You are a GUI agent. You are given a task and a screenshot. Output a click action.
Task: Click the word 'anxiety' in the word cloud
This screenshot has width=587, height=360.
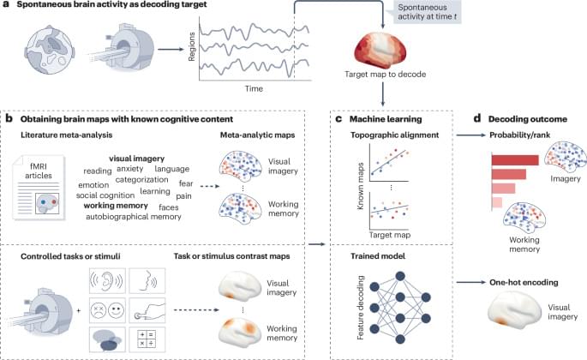130,169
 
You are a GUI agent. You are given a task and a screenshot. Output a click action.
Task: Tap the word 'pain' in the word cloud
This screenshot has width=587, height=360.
183,196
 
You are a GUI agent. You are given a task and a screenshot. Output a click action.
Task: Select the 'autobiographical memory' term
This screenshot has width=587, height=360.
134,217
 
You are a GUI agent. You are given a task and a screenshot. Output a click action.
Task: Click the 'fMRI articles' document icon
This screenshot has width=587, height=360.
39,188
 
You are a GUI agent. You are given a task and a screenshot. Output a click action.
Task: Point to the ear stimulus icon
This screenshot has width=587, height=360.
107,281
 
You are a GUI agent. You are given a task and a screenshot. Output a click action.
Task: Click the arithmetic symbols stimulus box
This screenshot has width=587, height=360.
147,339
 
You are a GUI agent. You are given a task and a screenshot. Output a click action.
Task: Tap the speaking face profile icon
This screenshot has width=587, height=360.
147,281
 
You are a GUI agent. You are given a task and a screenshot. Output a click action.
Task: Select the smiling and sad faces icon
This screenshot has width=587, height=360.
107,310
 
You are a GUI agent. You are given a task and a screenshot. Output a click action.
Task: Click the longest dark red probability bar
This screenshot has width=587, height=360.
515,160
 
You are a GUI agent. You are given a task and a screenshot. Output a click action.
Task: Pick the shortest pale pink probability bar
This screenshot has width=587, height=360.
497,202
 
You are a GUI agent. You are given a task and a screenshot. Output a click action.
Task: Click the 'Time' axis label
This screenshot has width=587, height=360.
254,88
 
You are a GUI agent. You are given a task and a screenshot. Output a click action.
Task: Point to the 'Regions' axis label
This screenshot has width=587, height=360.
192,46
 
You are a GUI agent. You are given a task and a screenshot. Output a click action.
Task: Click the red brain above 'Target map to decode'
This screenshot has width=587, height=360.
380,50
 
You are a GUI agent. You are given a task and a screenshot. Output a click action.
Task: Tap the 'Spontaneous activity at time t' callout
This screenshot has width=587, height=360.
427,12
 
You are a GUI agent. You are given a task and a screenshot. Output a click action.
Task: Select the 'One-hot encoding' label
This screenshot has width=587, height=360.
524,283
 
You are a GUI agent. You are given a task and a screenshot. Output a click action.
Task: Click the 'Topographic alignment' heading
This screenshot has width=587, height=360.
394,135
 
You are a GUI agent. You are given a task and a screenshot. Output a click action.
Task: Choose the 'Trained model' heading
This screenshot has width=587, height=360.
378,256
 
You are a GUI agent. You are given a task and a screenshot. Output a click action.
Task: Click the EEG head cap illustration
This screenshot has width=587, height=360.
49,51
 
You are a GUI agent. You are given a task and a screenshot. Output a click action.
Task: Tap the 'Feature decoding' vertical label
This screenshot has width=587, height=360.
361,308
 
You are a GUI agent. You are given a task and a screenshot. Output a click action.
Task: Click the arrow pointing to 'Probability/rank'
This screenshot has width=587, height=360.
470,135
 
